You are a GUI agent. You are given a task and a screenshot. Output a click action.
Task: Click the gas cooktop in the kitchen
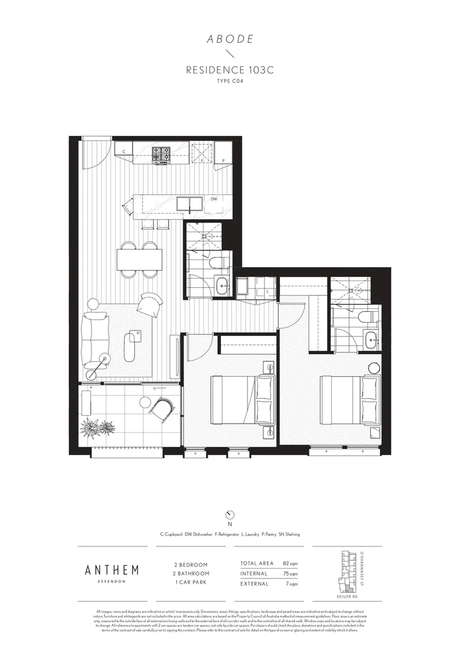[161, 154]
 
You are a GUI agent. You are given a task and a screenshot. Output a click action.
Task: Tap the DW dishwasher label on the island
[214, 199]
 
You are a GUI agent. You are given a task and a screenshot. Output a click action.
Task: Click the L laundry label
[267, 292]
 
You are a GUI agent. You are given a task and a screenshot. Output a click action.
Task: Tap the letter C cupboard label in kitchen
[123, 152]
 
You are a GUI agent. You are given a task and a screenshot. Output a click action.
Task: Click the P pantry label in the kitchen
[223, 160]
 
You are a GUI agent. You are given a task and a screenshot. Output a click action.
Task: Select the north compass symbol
[229, 515]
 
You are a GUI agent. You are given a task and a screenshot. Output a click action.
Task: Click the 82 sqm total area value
[290, 563]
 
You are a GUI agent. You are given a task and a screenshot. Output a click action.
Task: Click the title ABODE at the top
[229, 40]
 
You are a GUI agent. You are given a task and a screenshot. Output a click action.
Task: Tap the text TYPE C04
[229, 81]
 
